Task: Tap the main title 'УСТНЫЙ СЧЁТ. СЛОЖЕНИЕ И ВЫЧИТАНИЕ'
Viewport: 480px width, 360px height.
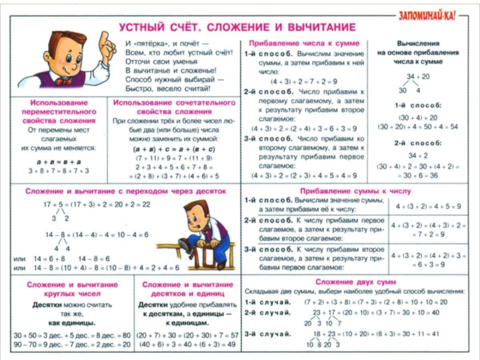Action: tap(237, 28)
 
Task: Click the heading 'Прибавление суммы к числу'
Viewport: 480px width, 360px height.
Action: tap(354, 191)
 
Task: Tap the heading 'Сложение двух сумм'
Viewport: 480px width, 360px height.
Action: tap(354, 281)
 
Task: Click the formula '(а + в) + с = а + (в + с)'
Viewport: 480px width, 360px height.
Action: tap(175, 148)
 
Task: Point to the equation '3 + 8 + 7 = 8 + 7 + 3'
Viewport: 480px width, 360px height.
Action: tap(58, 171)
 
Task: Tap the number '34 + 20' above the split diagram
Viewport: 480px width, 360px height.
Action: tap(418, 77)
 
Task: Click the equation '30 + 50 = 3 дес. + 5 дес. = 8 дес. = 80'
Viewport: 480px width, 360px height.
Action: tap(71, 335)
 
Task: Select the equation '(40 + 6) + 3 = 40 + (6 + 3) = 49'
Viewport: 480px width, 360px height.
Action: tap(187, 344)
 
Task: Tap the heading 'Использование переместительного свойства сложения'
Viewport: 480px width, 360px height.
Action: tap(59, 112)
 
